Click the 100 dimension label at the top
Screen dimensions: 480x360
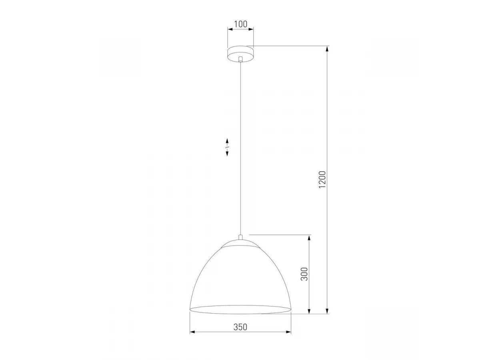(x=240, y=24)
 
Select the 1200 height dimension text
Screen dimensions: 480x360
(x=322, y=180)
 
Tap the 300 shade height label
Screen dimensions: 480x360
(x=304, y=274)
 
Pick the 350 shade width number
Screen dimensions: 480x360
(x=240, y=327)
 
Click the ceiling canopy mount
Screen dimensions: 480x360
(x=240, y=54)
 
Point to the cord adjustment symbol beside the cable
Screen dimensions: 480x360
(x=227, y=147)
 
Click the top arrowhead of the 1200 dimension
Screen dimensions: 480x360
(x=327, y=48)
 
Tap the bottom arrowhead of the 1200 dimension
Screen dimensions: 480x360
(x=327, y=311)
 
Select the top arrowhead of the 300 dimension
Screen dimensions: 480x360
(x=309, y=238)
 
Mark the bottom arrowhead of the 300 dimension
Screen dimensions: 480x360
(x=309, y=311)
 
